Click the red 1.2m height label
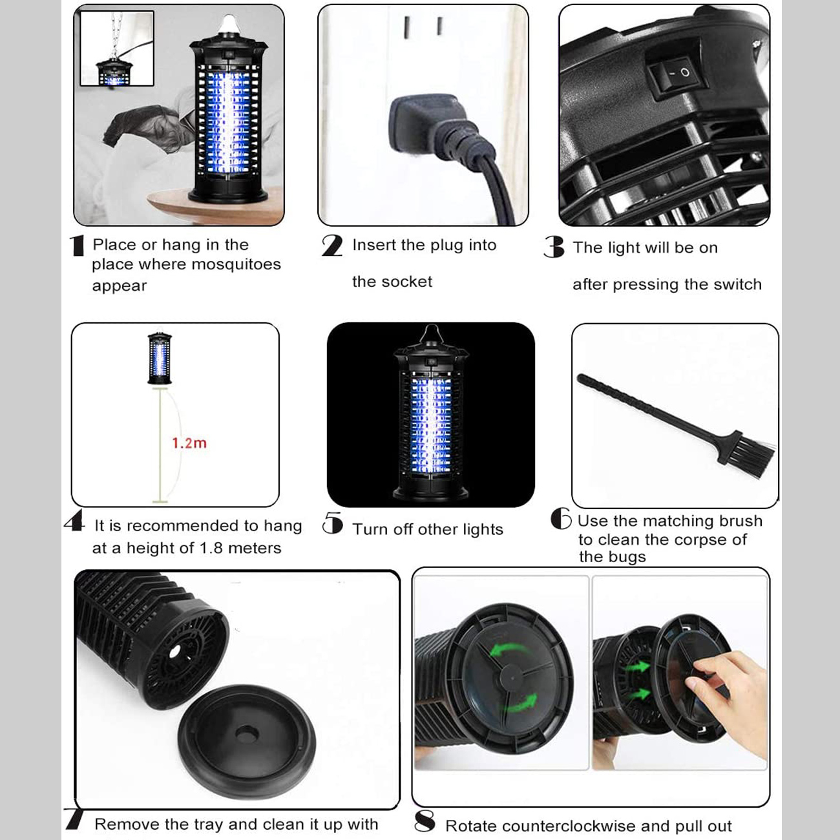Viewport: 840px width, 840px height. pyautogui.click(x=189, y=443)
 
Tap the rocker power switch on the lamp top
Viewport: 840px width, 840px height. pyautogui.click(x=674, y=76)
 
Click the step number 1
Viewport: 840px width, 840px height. pyautogui.click(x=77, y=246)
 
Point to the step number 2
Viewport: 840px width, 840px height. pyautogui.click(x=332, y=246)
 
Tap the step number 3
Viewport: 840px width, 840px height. pyautogui.click(x=554, y=247)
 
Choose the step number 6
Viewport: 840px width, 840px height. pyautogui.click(x=561, y=518)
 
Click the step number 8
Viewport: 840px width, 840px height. pyautogui.click(x=425, y=821)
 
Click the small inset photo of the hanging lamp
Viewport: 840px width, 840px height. pyautogui.click(x=117, y=48)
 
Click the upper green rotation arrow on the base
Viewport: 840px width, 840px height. pyautogui.click(x=508, y=651)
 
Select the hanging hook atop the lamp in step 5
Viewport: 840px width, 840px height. pyautogui.click(x=432, y=334)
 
